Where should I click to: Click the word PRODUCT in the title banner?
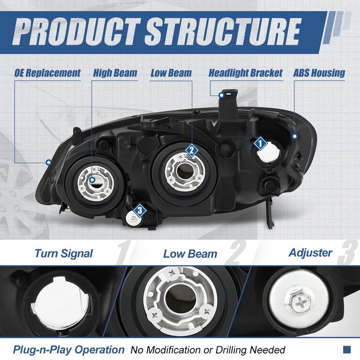click(x=76, y=31)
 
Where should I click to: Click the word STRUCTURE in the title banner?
click(x=223, y=31)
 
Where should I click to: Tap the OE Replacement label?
click(x=48, y=73)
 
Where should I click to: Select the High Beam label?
click(x=115, y=73)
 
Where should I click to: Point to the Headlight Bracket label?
click(x=246, y=73)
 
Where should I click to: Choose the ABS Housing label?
click(x=319, y=73)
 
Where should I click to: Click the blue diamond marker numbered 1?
click(x=260, y=143)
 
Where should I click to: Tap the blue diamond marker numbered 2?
click(x=192, y=150)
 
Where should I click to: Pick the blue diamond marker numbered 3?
click(x=140, y=210)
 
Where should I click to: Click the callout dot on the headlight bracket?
click(x=221, y=95)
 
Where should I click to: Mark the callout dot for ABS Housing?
click(x=294, y=137)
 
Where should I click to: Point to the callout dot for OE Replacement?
click(x=49, y=163)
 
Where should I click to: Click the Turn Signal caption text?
click(x=64, y=254)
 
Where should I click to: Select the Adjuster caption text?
click(x=310, y=253)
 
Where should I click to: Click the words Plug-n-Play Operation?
click(x=69, y=349)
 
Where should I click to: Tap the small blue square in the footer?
click(x=347, y=349)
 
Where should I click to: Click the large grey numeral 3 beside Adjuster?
click(x=347, y=252)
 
